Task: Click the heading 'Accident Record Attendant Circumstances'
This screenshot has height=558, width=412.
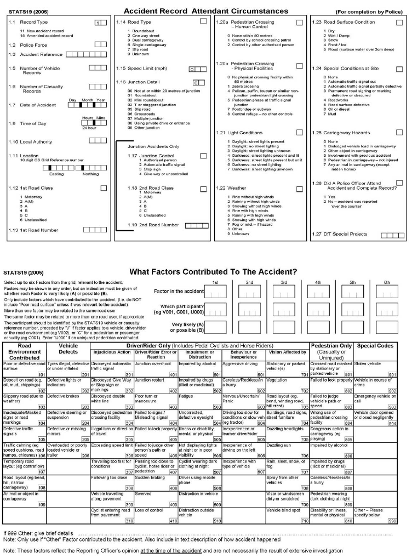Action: pyautogui.click(x=205, y=10)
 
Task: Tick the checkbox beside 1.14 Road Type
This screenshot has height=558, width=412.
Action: pyautogui.click(x=203, y=21)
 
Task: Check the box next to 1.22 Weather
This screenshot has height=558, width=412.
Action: pyautogui.click(x=299, y=188)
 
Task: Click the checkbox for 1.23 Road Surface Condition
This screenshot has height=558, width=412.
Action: pyautogui.click(x=399, y=21)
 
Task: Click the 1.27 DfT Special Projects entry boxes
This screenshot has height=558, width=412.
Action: pyautogui.click(x=392, y=235)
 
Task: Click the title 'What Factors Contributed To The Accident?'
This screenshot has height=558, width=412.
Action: pyautogui.click(x=214, y=272)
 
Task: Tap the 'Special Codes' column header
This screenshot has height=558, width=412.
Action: pyautogui.click(x=376, y=346)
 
